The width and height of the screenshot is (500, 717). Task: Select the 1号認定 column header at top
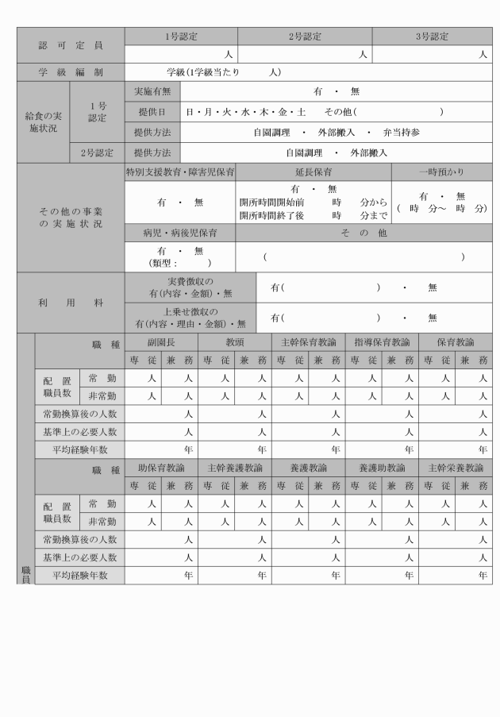(181, 37)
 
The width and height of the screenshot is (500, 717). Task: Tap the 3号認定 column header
(433, 37)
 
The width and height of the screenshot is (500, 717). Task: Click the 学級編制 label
(71, 72)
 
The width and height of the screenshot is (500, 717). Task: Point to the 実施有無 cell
(152, 91)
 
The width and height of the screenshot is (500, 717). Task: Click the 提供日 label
(152, 111)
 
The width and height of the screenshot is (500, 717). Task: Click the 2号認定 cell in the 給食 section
(98, 152)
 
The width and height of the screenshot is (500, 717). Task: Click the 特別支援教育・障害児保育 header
(180, 172)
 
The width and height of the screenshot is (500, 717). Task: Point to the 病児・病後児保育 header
(180, 233)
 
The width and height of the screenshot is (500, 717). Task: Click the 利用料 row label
(71, 303)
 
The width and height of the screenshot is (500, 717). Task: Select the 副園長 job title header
(160, 342)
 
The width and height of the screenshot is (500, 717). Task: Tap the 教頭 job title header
(234, 342)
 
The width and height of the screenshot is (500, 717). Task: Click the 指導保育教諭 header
(382, 342)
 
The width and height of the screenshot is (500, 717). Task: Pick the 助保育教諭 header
(160, 467)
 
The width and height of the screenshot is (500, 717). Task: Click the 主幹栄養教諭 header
(456, 467)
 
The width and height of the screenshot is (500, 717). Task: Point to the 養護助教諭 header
(382, 467)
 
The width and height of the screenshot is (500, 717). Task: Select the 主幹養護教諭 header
(234, 467)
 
